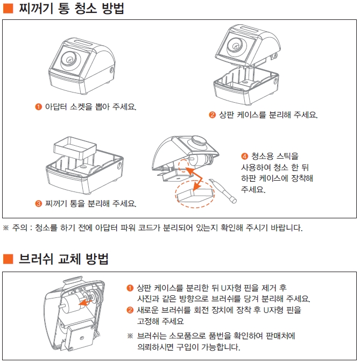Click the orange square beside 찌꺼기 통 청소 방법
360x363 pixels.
(x=8, y=8)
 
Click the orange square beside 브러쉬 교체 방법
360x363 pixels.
(x=8, y=259)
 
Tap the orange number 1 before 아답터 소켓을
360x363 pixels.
(x=38, y=106)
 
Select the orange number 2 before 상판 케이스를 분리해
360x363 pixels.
(x=212, y=115)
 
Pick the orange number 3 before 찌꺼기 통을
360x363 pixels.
(x=38, y=203)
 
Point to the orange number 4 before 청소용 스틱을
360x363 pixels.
(x=245, y=156)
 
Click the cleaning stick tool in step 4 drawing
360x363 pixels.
(x=223, y=191)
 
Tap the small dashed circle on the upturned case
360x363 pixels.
(x=183, y=166)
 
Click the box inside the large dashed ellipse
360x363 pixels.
(x=195, y=195)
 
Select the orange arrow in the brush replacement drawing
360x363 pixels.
(x=85, y=302)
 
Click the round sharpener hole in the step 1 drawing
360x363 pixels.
(x=69, y=59)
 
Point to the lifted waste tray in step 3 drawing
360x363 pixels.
(x=75, y=148)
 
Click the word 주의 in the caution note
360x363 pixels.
(x=19, y=228)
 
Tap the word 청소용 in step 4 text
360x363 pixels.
(x=262, y=156)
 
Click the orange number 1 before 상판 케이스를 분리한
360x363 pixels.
(x=130, y=288)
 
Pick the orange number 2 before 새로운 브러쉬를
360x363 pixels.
(x=130, y=310)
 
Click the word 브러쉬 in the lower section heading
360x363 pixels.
(x=36, y=259)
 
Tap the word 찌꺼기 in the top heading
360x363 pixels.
(x=36, y=8)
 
